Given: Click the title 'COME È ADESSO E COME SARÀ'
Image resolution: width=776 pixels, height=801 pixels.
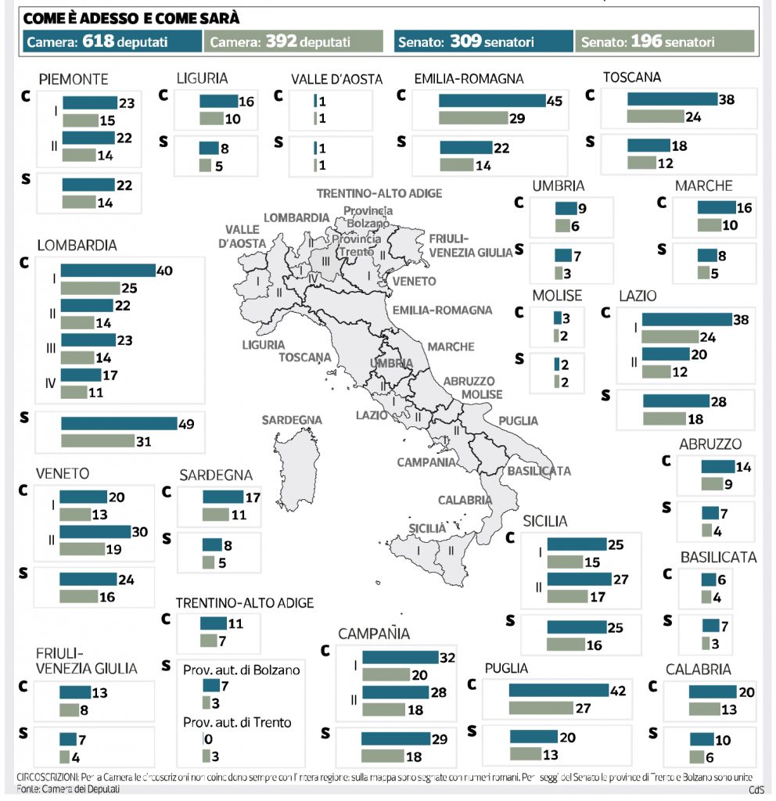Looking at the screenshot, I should (x=131, y=17).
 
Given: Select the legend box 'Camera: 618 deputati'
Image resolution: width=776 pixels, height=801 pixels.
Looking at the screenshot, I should (x=111, y=41).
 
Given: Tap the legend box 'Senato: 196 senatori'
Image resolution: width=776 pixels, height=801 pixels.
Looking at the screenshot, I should (x=665, y=41).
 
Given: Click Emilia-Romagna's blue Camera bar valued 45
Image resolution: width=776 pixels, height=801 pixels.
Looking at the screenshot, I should (x=491, y=100).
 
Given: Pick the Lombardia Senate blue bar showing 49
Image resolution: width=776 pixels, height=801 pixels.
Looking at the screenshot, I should (x=119, y=424).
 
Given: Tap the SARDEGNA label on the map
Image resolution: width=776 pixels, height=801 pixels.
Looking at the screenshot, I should (x=292, y=420).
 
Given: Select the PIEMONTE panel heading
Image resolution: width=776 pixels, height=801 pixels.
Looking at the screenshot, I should (x=74, y=79).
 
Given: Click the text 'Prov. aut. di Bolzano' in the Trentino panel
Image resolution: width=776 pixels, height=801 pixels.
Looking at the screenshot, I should (x=241, y=670).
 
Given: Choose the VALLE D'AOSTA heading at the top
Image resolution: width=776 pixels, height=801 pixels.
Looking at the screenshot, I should (x=336, y=79).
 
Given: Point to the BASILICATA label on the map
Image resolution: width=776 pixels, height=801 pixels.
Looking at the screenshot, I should (x=538, y=471).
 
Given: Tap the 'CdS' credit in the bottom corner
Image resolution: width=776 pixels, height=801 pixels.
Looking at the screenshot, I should (x=756, y=790).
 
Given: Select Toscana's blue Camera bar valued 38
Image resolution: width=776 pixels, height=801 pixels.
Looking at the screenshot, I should (x=672, y=99).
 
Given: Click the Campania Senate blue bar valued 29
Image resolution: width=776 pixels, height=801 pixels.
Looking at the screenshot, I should (x=396, y=739).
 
